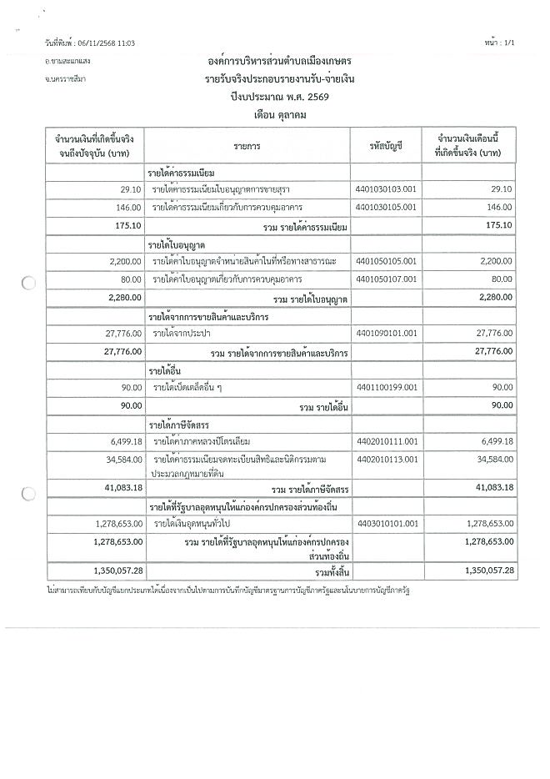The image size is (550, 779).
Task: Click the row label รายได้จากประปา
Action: (181, 334)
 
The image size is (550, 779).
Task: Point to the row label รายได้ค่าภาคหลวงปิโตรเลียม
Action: (202, 440)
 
